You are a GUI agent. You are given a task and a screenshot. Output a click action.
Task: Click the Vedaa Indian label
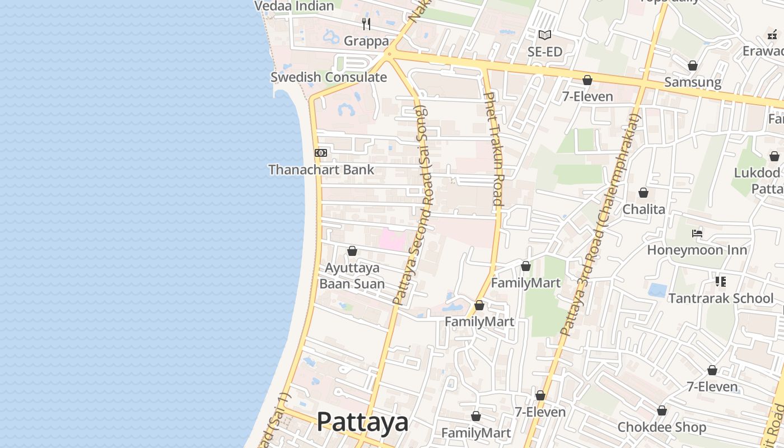click(x=294, y=6)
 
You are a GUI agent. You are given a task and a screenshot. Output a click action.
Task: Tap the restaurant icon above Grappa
click(x=366, y=24)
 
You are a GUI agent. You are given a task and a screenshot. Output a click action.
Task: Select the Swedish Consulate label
click(x=329, y=77)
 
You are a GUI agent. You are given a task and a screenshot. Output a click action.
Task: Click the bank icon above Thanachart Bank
click(x=321, y=152)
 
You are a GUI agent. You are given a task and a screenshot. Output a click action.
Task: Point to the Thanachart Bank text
click(x=321, y=169)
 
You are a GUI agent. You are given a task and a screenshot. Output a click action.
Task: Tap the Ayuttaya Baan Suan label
click(x=352, y=276)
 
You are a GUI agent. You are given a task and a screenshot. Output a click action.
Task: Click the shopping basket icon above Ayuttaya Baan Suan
click(x=352, y=251)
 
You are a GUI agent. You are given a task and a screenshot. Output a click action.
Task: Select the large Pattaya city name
click(x=362, y=422)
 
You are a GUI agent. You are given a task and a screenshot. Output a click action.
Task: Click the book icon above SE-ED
click(x=545, y=35)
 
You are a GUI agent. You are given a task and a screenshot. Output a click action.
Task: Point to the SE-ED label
click(x=545, y=52)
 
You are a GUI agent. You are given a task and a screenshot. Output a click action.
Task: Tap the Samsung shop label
click(x=693, y=82)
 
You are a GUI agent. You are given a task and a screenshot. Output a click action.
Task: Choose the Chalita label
click(x=644, y=209)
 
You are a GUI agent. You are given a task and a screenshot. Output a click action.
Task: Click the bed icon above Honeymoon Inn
click(x=697, y=233)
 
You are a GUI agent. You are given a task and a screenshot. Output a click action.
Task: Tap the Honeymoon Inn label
click(x=697, y=250)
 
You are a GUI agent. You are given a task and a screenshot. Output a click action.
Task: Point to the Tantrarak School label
click(x=721, y=298)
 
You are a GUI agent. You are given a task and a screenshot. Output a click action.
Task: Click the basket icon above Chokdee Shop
click(x=662, y=410)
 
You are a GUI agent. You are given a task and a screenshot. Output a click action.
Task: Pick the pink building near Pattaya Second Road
click(x=393, y=240)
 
